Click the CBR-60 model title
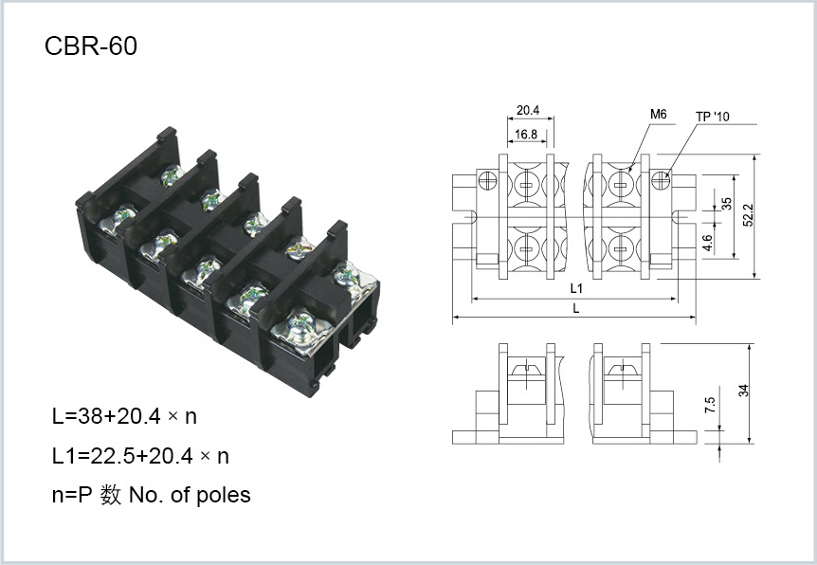pyautogui.click(x=91, y=46)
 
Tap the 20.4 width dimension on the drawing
pyautogui.click(x=527, y=111)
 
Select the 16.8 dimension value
pyautogui.click(x=526, y=135)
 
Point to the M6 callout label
pyautogui.click(x=658, y=114)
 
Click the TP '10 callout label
pyautogui.click(x=713, y=117)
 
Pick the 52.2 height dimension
pyautogui.click(x=748, y=215)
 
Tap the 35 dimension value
pyautogui.click(x=726, y=203)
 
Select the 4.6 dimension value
pyautogui.click(x=707, y=243)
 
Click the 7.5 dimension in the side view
pyautogui.click(x=710, y=405)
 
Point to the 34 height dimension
pyautogui.click(x=743, y=391)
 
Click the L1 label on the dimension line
pyautogui.click(x=575, y=288)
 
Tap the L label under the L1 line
pyautogui.click(x=575, y=308)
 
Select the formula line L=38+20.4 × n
pyautogui.click(x=124, y=416)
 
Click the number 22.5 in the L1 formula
pyautogui.click(x=113, y=456)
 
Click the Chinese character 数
pyautogui.click(x=111, y=495)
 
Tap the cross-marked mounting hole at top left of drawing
pyautogui.click(x=488, y=181)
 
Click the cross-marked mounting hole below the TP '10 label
pyautogui.click(x=661, y=180)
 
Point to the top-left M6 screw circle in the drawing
pyautogui.click(x=526, y=185)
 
